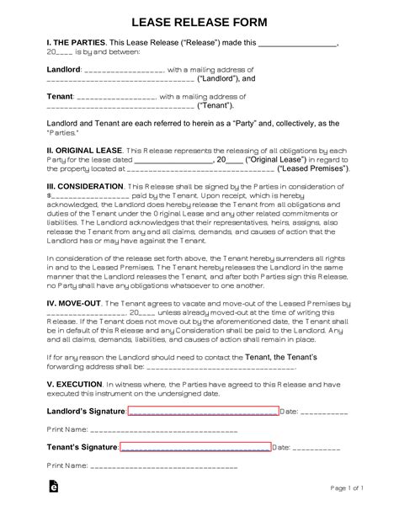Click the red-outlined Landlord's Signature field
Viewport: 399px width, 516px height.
click(x=203, y=412)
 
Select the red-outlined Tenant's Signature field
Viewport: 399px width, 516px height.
click(x=195, y=447)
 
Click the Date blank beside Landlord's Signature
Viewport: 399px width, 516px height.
click(x=324, y=412)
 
